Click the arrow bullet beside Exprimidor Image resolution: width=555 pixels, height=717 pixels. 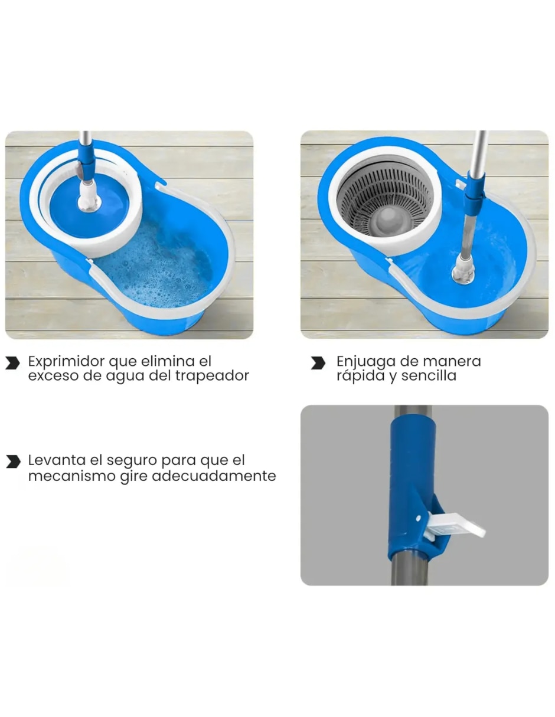12,362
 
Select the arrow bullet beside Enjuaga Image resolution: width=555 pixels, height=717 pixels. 318,362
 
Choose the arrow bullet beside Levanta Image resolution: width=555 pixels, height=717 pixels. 13,461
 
